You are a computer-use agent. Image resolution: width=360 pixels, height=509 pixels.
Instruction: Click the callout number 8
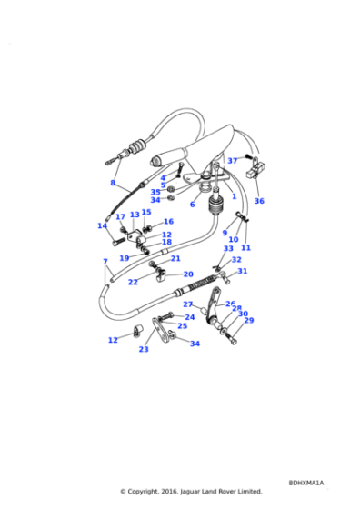point(113,183)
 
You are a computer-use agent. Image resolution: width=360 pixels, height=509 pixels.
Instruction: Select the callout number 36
point(259,201)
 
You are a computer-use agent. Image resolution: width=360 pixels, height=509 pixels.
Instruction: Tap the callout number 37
point(233,161)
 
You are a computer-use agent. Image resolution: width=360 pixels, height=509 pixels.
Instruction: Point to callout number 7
point(105,262)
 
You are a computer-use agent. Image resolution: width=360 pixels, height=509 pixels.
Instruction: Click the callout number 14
point(103,225)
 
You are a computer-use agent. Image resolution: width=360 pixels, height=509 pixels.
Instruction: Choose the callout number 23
point(144,349)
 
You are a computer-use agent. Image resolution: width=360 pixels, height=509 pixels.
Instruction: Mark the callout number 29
point(249,320)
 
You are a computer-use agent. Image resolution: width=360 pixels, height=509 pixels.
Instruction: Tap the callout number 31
point(242,271)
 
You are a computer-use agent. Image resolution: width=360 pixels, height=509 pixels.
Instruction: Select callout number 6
point(192,205)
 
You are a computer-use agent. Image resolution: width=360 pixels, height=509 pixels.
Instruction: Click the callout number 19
point(125,258)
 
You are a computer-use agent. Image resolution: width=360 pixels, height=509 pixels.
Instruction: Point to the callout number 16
point(168,221)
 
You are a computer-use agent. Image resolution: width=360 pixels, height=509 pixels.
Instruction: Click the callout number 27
point(188,304)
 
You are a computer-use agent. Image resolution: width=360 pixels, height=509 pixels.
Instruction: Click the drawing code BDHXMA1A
point(306,483)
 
